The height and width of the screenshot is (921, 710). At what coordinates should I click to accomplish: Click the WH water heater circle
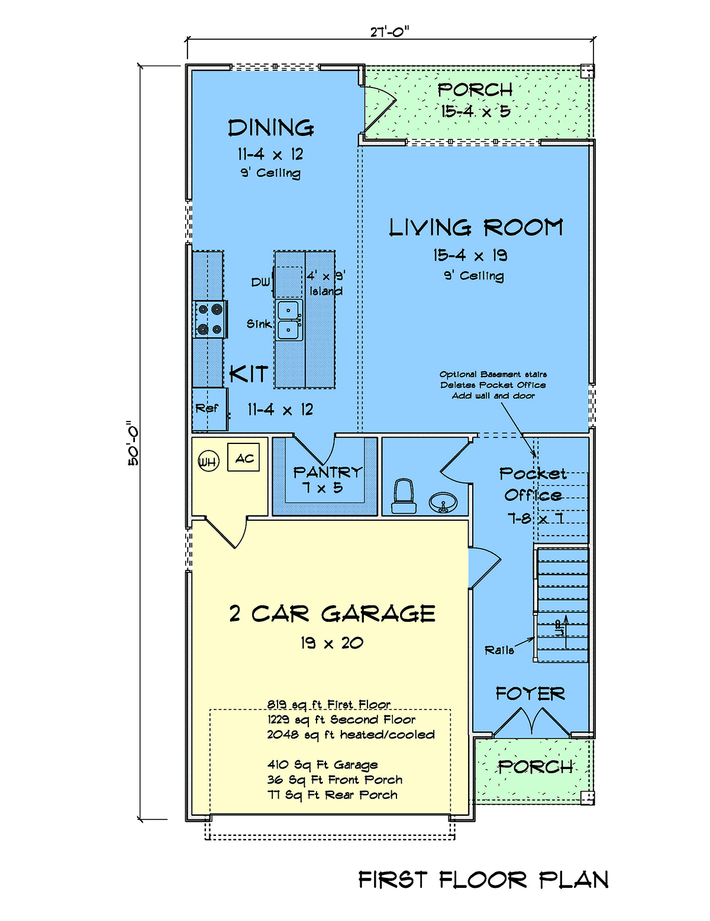tap(209, 461)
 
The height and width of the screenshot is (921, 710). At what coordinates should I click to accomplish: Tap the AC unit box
tap(243, 457)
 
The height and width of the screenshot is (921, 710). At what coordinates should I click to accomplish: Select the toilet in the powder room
tap(404, 496)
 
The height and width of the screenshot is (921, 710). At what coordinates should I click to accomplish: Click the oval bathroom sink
tap(443, 502)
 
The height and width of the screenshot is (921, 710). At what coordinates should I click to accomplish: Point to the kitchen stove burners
tap(211, 319)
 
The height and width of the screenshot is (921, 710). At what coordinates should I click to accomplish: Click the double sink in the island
tap(289, 320)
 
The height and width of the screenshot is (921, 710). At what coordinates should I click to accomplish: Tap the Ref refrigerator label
tap(207, 408)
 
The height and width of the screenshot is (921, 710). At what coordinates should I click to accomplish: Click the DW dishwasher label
tap(260, 283)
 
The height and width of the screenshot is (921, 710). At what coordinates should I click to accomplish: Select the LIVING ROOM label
tap(476, 228)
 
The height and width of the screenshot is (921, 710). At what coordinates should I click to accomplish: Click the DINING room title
tap(271, 128)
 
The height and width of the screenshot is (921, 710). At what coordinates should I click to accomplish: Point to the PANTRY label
tap(327, 472)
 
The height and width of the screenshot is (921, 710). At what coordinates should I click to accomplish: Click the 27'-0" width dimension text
tap(390, 32)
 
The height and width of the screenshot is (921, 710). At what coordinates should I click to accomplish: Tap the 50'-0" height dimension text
tap(133, 443)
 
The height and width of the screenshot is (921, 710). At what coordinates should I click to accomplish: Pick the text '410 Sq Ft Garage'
tap(322, 764)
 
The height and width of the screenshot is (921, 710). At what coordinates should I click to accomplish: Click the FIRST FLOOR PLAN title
tap(483, 880)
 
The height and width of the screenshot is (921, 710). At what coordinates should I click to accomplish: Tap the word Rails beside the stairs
tap(499, 650)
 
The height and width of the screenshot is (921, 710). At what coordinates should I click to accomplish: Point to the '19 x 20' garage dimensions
tap(332, 643)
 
